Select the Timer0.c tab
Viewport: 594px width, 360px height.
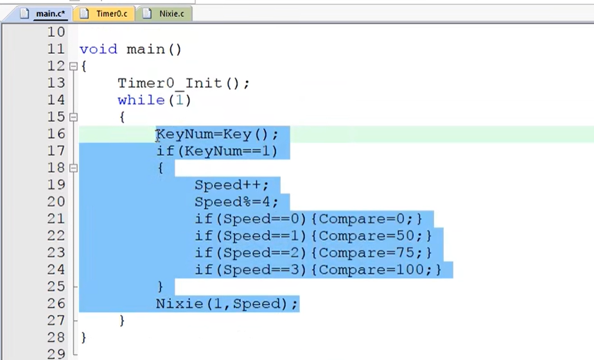coord(105,13)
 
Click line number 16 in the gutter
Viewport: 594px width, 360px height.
coord(55,134)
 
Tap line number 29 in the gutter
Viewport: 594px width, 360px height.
coord(55,354)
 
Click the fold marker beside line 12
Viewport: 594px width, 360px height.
coord(73,66)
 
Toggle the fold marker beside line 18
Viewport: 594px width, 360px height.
coord(73,168)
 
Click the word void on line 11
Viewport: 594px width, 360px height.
coord(98,49)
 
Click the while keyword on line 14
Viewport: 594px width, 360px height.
coord(141,100)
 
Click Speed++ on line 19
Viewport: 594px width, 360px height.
coord(228,185)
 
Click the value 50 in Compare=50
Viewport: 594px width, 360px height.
coord(407,236)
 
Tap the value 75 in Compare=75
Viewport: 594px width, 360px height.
coord(407,253)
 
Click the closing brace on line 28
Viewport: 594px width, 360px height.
coord(83,338)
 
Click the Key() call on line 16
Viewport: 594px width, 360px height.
coord(247,134)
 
